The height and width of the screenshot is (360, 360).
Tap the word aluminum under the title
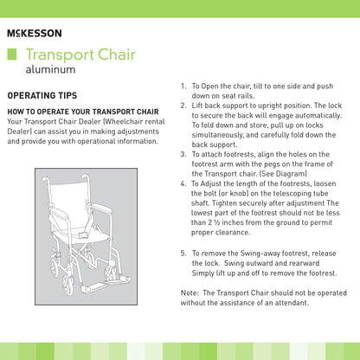51,68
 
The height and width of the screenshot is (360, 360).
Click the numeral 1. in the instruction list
184,87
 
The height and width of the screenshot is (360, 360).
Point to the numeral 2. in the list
184,106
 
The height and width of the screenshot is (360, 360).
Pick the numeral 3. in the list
184,154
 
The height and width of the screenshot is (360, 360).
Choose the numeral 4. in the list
184,184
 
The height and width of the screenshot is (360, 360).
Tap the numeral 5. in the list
184,253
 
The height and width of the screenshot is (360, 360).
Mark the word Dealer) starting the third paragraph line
21,140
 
